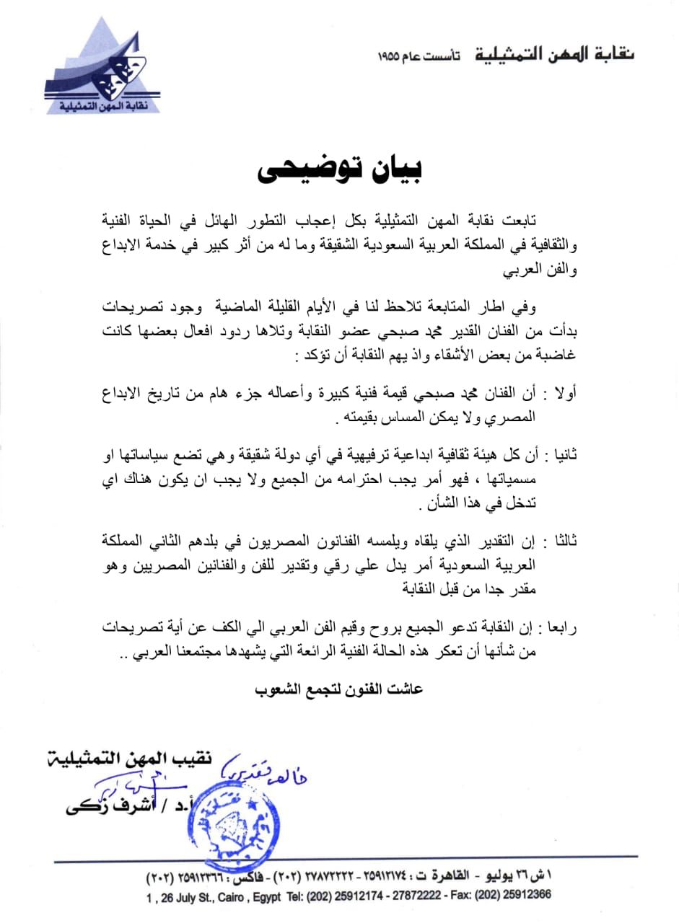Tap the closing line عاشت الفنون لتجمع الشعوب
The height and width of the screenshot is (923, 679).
(339, 689)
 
